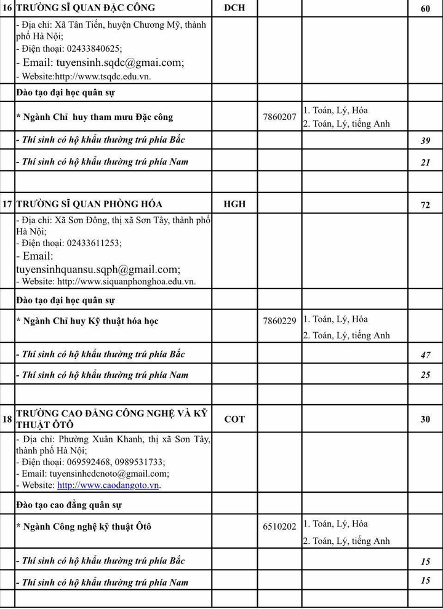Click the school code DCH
point(234,7)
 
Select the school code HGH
point(234,204)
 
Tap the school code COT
point(234,419)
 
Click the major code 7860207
point(279,117)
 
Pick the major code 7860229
point(279,321)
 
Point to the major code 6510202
point(279,527)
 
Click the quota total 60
point(425,8)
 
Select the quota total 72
point(425,205)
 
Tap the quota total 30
point(425,420)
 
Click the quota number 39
point(425,140)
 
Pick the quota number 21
point(425,162)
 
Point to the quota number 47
point(425,355)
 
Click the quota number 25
point(425,375)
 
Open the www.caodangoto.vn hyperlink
point(108,485)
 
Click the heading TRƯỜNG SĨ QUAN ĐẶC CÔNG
point(86,7)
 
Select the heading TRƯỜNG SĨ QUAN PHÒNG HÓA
point(89,204)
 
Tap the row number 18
point(7,419)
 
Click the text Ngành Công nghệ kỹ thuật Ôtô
point(86,527)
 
